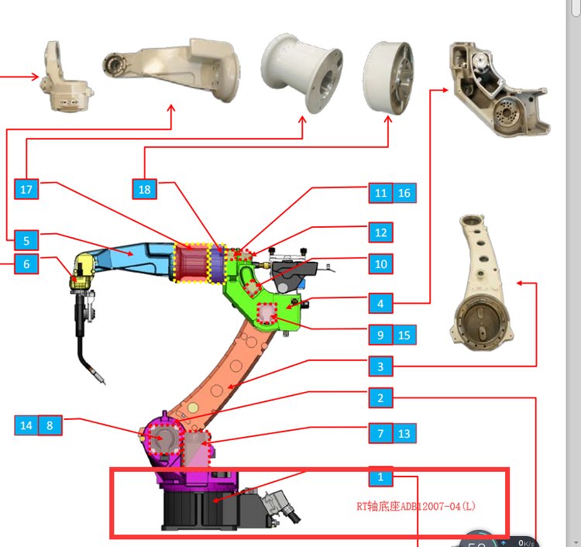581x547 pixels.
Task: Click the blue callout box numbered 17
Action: pos(26,189)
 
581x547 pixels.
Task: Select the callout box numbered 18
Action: pos(144,189)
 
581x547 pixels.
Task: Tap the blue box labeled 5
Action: pos(26,240)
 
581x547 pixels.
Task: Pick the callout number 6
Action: pos(26,264)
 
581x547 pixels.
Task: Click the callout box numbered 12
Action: pos(380,232)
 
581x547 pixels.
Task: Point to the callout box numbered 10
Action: pos(380,264)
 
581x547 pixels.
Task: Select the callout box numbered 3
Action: pos(380,366)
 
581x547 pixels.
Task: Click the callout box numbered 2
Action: pos(380,398)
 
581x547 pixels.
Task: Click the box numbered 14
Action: pos(26,425)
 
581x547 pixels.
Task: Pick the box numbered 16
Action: pos(404,193)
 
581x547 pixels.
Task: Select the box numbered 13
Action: pos(404,433)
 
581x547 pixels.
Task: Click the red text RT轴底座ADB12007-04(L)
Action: pos(416,506)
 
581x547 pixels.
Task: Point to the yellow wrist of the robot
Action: pos(81,270)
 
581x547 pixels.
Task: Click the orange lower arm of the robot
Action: pos(225,372)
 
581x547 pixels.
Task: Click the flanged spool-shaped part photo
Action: pos(301,74)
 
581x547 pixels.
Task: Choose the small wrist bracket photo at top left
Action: pos(67,77)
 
